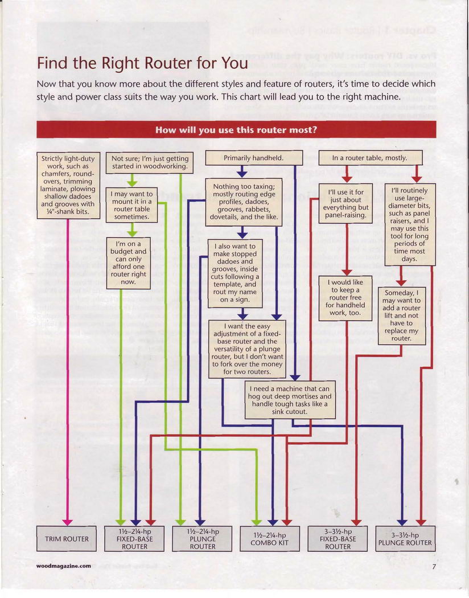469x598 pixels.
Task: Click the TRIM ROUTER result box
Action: click(x=67, y=539)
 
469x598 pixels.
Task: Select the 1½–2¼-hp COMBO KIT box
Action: click(x=270, y=539)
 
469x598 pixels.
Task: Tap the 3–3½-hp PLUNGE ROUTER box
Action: click(x=405, y=539)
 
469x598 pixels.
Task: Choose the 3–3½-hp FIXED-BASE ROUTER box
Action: click(x=338, y=539)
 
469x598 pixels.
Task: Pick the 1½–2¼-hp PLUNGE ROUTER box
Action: click(x=202, y=539)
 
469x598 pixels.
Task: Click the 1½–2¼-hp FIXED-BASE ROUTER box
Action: click(x=135, y=539)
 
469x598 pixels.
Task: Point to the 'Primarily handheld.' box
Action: click(x=253, y=158)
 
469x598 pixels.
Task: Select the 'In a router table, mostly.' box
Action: click(x=370, y=158)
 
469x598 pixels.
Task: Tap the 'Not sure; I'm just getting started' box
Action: click(x=150, y=162)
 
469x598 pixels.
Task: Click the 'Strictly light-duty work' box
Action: click(x=68, y=186)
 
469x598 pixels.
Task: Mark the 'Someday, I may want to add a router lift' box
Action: click(x=401, y=316)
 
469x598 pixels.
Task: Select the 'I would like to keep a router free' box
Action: click(x=345, y=297)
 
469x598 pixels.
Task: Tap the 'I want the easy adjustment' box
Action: click(x=247, y=349)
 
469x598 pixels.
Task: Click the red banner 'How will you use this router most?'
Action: click(x=236, y=129)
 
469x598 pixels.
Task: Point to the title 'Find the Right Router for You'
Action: click(x=142, y=62)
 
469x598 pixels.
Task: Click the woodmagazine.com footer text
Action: click(x=63, y=566)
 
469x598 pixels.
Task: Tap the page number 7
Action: click(x=433, y=567)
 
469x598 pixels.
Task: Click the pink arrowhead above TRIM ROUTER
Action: click(x=68, y=522)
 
